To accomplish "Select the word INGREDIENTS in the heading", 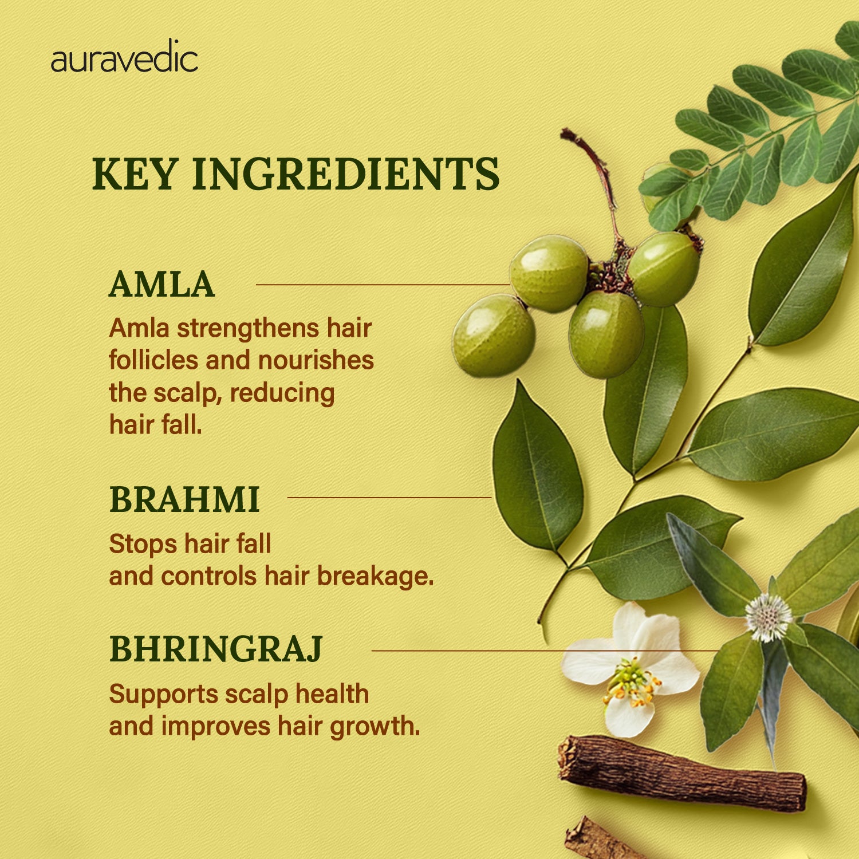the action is click(x=346, y=174).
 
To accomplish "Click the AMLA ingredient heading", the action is click(x=161, y=285).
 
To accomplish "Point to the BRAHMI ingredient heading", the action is click(x=184, y=499).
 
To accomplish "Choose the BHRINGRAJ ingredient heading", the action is click(x=216, y=649).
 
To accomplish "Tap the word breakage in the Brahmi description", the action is click(x=375, y=576).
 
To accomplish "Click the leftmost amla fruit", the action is click(x=494, y=336).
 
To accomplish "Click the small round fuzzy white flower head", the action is click(x=769, y=617).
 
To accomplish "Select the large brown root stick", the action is click(x=682, y=773).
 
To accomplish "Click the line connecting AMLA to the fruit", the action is click(x=383, y=285).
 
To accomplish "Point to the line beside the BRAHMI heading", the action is click(x=389, y=498).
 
